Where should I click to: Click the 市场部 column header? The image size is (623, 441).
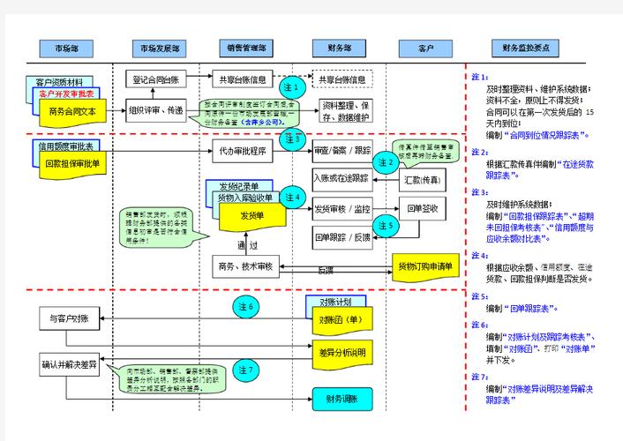point(65,49)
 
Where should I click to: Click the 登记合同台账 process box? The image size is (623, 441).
point(156,79)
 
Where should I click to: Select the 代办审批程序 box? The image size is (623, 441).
point(244,151)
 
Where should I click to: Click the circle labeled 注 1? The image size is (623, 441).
point(292,88)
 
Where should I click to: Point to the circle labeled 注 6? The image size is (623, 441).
point(245,307)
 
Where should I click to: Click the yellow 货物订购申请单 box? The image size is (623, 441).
point(424,266)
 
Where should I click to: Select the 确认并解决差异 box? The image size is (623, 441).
point(69,363)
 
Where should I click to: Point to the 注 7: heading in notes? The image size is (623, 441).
point(480,377)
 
